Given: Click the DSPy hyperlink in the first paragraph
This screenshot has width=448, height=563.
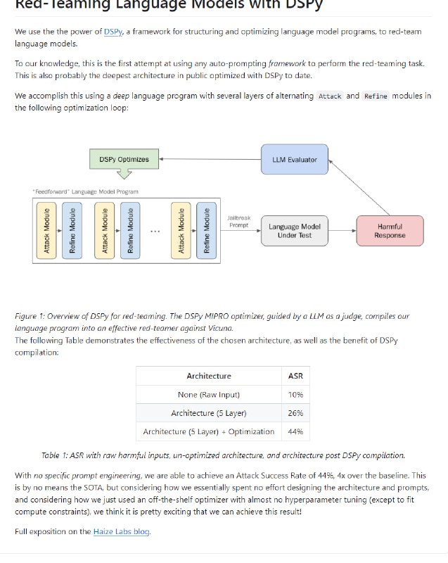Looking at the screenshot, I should (113, 32).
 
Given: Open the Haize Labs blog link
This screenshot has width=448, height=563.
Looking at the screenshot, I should (122, 531).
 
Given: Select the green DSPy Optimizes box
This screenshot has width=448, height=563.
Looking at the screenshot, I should (124, 159).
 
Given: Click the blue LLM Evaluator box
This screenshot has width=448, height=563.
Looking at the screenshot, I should (294, 160).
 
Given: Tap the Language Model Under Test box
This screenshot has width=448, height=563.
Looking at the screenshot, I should (295, 231).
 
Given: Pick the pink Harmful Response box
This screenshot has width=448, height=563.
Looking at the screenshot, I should (390, 231).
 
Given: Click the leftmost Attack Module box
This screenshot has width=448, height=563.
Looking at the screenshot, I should (46, 229).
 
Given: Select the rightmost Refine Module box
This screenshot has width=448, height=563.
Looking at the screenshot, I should (206, 229).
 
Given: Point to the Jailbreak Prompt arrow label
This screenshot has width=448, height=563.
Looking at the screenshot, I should (239, 222).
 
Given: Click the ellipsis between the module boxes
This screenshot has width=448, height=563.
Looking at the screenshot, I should (155, 231).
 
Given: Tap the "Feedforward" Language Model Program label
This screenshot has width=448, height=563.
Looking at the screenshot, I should (85, 191).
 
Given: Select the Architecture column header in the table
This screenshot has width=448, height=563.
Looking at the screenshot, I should (208, 376).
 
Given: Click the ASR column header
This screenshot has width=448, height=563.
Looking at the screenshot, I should (295, 376).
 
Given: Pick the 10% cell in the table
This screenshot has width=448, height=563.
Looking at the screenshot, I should (295, 395).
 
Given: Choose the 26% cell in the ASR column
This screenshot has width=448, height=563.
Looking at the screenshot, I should (295, 413).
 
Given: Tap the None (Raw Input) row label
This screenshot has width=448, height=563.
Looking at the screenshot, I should (208, 395).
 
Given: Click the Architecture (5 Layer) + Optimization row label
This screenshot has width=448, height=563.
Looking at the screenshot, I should (208, 431).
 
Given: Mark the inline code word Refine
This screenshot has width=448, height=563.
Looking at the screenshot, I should (375, 96).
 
